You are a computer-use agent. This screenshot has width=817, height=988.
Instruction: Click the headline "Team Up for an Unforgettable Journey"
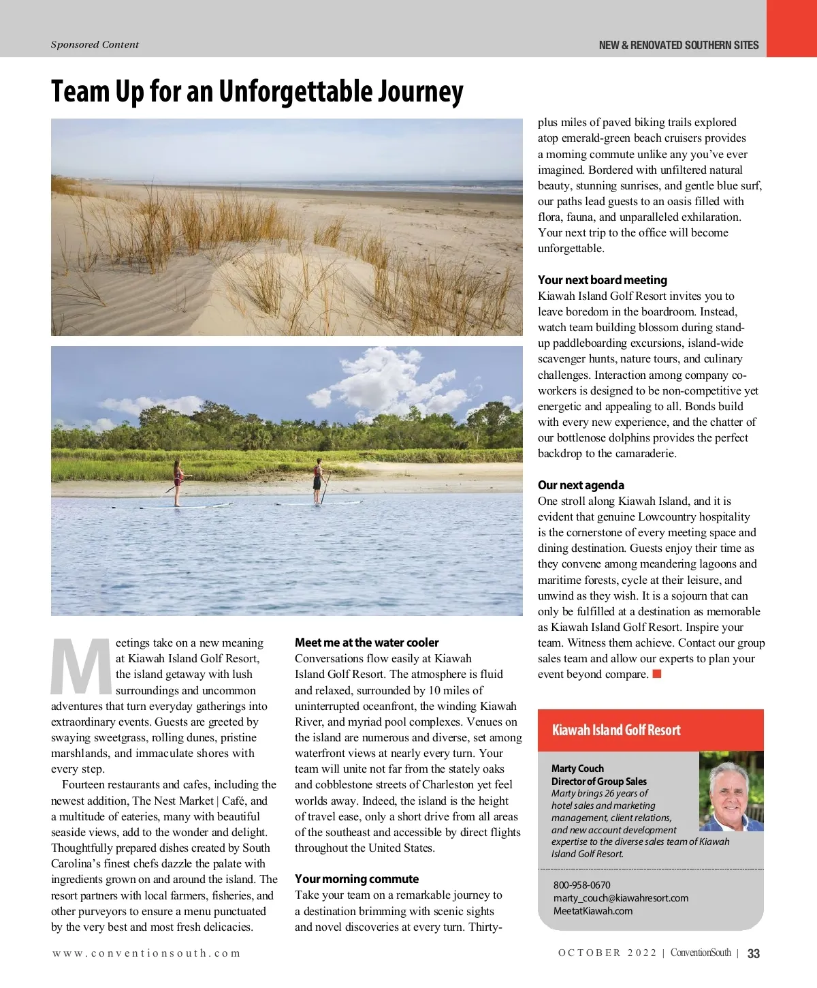(257, 91)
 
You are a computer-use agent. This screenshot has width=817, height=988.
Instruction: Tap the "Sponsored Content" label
(95, 45)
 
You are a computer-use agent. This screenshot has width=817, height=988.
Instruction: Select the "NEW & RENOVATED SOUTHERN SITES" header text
(678, 46)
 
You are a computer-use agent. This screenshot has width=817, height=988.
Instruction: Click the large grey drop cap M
(81, 666)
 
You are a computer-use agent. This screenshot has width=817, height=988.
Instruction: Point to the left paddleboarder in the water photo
(178, 482)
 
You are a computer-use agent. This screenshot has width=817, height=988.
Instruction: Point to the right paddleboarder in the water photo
(317, 480)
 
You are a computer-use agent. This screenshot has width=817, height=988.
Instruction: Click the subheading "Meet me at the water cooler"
(366, 643)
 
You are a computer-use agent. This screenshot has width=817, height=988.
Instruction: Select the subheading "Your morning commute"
(356, 879)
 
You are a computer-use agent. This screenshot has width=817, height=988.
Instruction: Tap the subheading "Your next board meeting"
(602, 280)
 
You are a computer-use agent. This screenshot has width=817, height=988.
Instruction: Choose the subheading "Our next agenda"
(581, 485)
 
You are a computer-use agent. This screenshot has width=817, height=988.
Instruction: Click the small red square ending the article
(657, 675)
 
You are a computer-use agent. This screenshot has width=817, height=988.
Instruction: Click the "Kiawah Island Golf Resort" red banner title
(616, 730)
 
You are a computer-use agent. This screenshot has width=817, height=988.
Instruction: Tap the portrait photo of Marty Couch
(731, 792)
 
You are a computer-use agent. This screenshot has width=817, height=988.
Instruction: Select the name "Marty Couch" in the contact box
(577, 769)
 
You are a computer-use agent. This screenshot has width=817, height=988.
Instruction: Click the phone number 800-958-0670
(581, 885)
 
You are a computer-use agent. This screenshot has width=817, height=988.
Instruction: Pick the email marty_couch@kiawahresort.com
(620, 898)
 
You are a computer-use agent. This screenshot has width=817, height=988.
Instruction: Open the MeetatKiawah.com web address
(592, 911)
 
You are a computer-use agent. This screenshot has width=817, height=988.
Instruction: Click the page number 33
(754, 953)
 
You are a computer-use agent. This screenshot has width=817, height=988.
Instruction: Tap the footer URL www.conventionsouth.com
(146, 953)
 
